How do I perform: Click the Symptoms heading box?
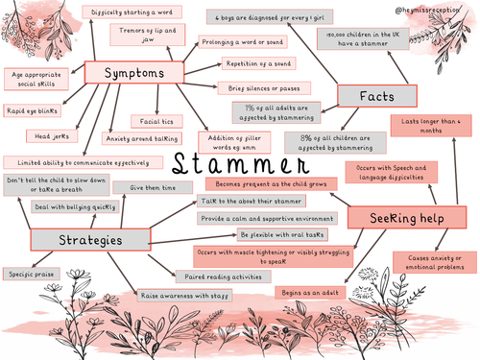(132, 73)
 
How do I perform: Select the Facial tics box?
(154, 122)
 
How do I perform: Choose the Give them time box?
(154, 187)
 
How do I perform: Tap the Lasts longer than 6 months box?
(432, 128)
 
